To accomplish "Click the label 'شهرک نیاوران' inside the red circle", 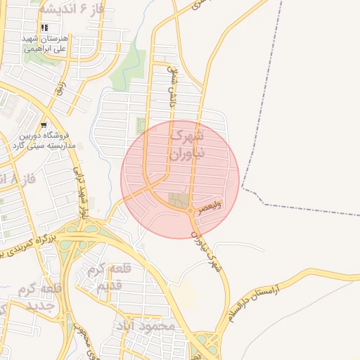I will coord(188,143).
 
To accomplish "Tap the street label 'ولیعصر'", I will coord(210,206).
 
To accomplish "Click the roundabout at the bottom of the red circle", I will coord(191,210).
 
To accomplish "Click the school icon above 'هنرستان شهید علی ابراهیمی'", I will coord(44,28).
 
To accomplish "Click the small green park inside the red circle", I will coord(139,127).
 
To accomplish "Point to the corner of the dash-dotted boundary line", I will coord(243,188).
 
